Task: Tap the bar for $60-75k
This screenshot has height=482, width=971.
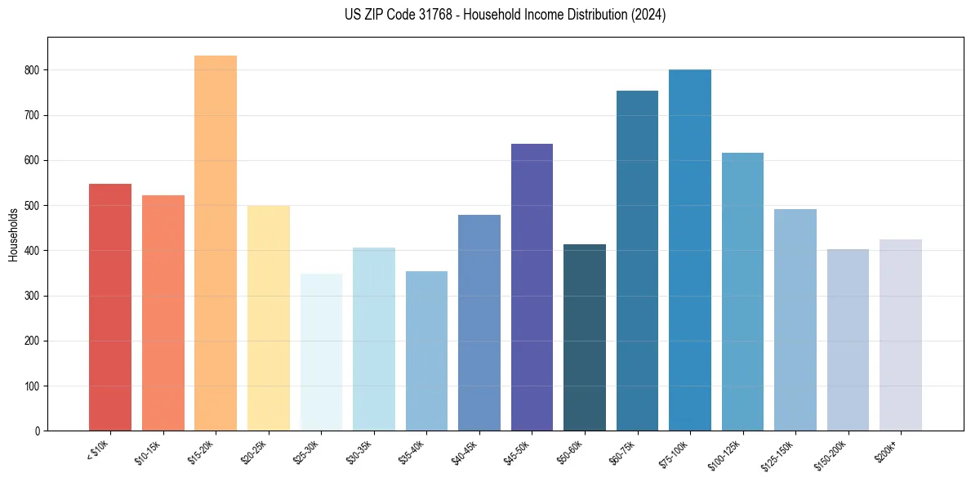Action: (637, 261)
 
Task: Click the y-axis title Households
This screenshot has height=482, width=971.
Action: (13, 234)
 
